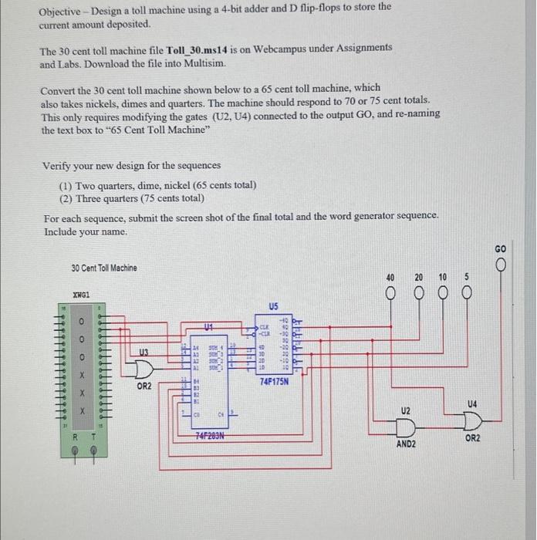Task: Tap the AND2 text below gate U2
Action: pyautogui.click(x=406, y=445)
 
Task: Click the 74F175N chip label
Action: pyautogui.click(x=275, y=381)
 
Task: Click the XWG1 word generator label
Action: pyautogui.click(x=81, y=295)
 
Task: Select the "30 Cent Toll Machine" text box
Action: pyautogui.click(x=104, y=268)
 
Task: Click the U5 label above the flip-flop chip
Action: pyautogui.click(x=274, y=305)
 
